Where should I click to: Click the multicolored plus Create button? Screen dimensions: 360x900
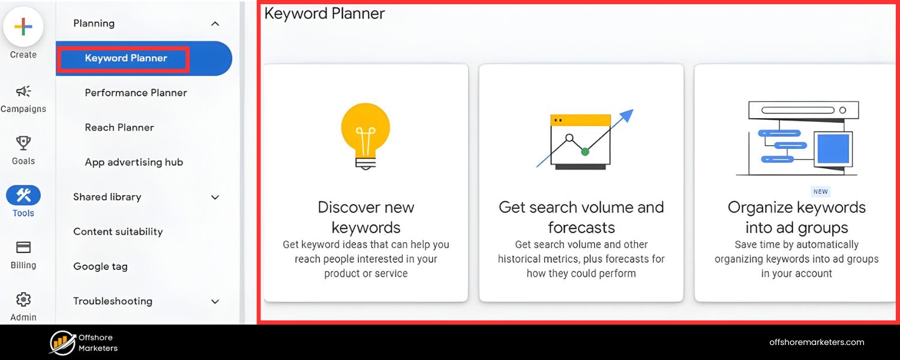(23, 27)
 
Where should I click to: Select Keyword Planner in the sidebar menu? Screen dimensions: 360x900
(126, 58)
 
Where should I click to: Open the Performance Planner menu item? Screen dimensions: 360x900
(136, 93)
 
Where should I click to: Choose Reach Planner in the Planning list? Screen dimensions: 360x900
(119, 128)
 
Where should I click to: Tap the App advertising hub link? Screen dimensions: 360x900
(134, 163)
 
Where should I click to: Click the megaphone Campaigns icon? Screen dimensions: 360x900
(23, 91)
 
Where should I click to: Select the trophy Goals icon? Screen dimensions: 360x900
(23, 143)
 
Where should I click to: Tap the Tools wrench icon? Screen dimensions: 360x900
(23, 195)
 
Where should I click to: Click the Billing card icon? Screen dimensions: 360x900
(23, 247)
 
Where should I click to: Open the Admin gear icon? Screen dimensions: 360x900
(23, 299)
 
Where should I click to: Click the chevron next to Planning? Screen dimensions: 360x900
(215, 24)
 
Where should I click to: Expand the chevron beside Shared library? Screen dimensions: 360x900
(215, 197)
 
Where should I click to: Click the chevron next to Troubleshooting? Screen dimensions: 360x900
(215, 302)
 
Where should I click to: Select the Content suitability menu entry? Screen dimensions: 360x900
(118, 232)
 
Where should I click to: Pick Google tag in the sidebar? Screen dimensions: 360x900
(100, 266)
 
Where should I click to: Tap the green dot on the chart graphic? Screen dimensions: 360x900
(585, 152)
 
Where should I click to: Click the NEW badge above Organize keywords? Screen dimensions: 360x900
(820, 192)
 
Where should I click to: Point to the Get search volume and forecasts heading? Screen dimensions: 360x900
(581, 217)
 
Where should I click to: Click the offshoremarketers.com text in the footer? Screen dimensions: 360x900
(817, 342)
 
